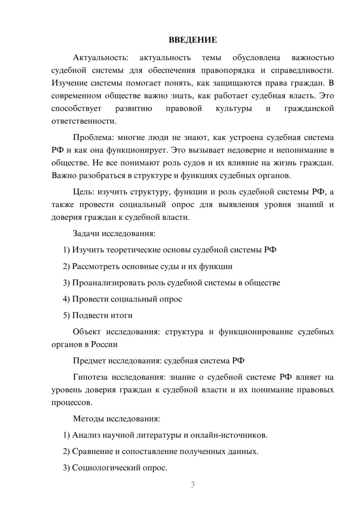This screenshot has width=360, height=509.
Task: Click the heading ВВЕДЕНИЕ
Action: [x=193, y=40]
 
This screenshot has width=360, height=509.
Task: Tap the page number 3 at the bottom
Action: [x=193, y=485]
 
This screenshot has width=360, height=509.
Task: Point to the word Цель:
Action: [x=84, y=192]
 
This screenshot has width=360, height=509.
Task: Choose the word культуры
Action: [x=234, y=108]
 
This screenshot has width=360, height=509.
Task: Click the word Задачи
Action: [x=86, y=233]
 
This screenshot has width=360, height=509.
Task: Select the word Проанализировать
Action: [x=108, y=283]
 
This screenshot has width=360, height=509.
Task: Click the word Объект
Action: [x=87, y=332]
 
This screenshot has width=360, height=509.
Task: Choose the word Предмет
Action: [x=89, y=361]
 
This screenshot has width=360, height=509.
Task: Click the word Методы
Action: [x=88, y=419]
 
